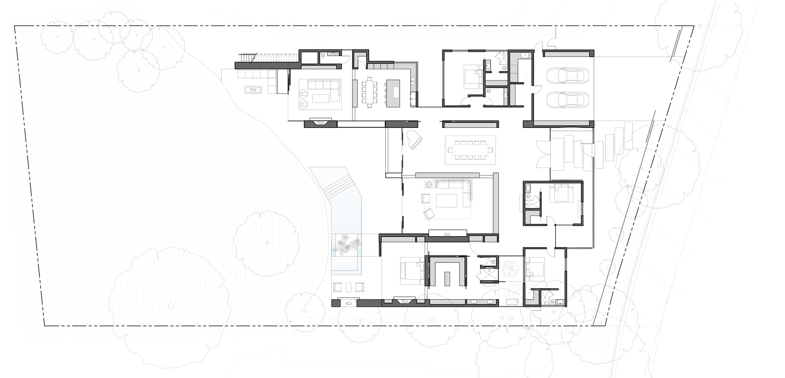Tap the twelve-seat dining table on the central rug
pyautogui.click(x=470, y=150)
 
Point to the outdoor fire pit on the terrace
pyautogui.click(x=253, y=89)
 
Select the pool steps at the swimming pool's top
pyautogui.click(x=336, y=186)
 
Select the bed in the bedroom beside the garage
pyautogui.click(x=473, y=76)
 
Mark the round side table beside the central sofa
pyautogui.click(x=429, y=184)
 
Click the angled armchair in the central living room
pyautogui.click(x=428, y=213)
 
